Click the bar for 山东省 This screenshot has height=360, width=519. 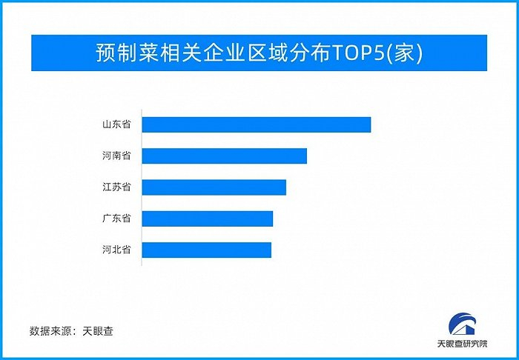256,124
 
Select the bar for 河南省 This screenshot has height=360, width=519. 224,156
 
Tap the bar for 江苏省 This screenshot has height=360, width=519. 214,187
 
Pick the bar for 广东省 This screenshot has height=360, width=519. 207,219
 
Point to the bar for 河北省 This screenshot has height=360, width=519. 206,250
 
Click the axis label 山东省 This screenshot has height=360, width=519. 116,124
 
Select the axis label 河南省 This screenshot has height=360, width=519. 116,156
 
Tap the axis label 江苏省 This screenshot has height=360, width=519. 116,187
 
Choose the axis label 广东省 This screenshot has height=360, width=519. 116,219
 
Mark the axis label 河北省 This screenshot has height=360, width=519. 116,250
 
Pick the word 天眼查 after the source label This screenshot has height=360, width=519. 99,330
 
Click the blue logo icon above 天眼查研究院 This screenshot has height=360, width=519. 466,324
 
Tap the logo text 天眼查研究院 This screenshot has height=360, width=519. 466,344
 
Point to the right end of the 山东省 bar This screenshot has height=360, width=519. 368,124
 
